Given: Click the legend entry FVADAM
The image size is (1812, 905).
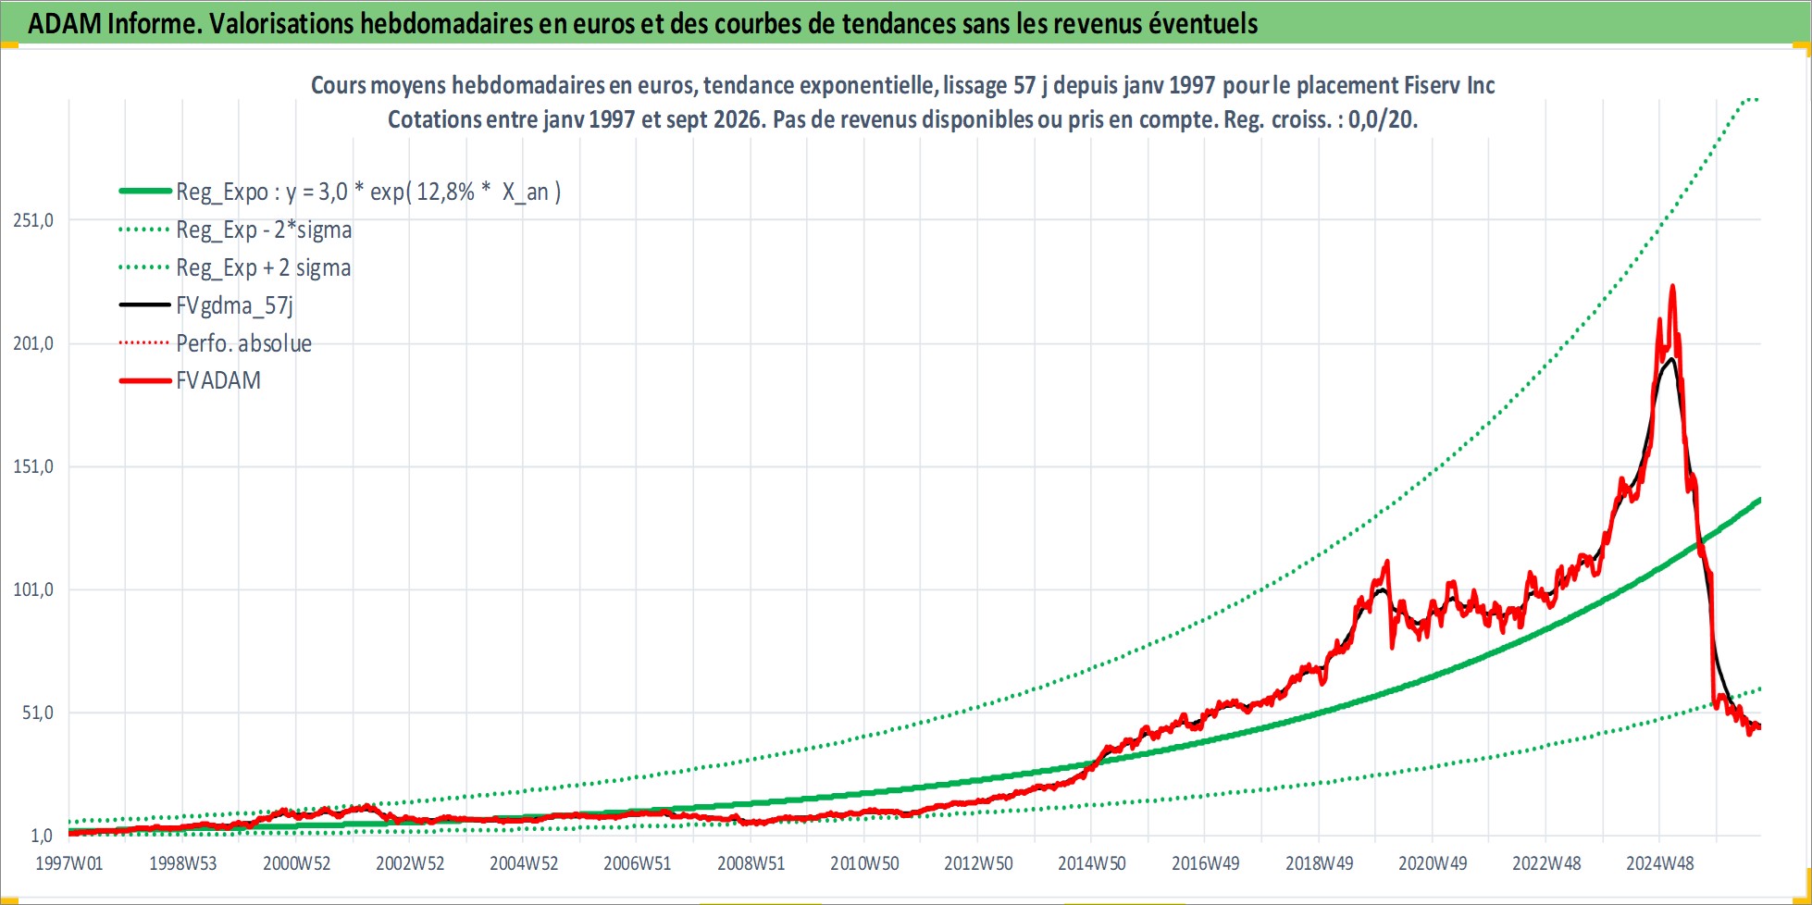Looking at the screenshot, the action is (218, 380).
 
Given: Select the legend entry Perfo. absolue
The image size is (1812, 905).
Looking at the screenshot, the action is (244, 343).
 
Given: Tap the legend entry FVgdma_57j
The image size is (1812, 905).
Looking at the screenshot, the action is (235, 305).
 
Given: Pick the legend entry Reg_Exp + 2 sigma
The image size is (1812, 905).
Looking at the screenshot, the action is (264, 267).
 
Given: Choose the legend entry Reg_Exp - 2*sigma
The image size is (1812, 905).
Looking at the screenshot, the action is (264, 229).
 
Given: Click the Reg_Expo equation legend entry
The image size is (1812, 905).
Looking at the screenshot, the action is (368, 192).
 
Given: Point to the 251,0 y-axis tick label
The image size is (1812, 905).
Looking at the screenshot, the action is (33, 220).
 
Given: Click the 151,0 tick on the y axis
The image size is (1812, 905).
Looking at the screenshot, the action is (33, 466).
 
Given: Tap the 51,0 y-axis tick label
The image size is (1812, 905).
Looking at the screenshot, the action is (38, 713).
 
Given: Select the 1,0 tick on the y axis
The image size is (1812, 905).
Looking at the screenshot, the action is (42, 836).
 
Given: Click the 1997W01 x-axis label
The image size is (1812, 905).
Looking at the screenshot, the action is (69, 863).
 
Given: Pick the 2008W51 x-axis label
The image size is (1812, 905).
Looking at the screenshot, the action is (751, 863).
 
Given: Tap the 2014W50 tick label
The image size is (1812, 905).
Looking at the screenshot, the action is (1092, 863).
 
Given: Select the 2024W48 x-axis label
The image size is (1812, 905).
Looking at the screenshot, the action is (1660, 863).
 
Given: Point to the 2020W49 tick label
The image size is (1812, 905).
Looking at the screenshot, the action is (1433, 863).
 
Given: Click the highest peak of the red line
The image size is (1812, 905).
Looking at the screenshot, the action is (1672, 286).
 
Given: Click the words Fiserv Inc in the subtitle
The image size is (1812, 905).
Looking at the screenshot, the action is (1449, 85).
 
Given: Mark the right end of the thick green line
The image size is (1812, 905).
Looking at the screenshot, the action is (1759, 500).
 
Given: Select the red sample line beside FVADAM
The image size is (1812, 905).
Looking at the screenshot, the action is (145, 380).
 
